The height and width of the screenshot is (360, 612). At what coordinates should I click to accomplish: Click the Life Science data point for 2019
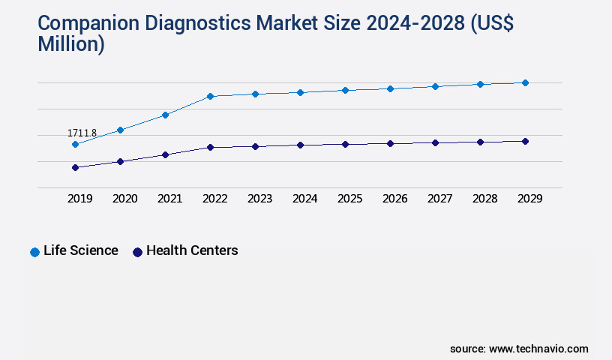75,144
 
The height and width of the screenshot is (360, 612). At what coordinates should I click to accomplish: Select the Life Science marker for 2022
210,96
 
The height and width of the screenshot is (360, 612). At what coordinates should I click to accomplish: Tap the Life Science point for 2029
525,82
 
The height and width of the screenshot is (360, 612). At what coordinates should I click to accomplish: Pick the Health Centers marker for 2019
75,167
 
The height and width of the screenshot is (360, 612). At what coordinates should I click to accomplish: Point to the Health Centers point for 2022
210,147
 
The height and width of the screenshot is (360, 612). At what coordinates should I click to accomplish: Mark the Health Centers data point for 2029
525,141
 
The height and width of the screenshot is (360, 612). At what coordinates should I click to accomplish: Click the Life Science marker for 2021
165,115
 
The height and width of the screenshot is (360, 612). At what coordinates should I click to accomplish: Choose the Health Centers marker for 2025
345,144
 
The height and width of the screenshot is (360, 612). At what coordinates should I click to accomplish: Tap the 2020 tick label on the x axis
124,199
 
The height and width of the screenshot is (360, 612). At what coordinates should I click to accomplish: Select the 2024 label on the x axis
304,199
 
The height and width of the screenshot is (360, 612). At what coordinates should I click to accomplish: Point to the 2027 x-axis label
439,199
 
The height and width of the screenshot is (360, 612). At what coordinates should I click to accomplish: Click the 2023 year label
259,199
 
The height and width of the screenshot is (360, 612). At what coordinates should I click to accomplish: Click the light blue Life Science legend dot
34,252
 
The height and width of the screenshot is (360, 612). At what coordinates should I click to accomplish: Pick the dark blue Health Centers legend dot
137,252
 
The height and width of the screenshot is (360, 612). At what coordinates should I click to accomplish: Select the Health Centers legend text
192,250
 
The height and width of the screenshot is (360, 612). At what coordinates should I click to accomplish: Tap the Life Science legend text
81,250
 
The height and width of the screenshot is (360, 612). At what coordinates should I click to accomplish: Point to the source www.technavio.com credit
519,349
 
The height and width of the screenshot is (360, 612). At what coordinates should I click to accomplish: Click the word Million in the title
71,44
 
